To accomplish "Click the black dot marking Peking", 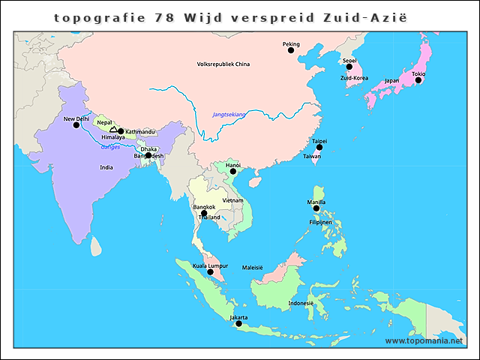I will coord(291,51).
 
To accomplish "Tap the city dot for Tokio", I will coord(418,80).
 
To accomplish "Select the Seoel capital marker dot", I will coord(349,67).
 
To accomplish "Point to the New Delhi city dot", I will coord(76,125).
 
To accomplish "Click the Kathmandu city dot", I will coord(121,131).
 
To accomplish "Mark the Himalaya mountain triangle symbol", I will coord(113,130).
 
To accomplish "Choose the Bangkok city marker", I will coord(203,214).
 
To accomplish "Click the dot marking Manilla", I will coord(316,208).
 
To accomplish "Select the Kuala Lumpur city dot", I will coord(211,272).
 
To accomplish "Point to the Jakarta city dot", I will coord(238,324).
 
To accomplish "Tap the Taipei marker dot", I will coord(319,147).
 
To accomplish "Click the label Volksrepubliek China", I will coord(223,64).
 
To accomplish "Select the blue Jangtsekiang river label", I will coord(229,114).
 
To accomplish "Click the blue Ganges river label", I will coord(110,147).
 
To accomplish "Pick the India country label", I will coord(106,167).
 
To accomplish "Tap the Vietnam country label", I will coord(232,200).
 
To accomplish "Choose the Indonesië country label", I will coord(301,304).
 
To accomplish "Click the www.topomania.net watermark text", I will coord(424,340).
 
